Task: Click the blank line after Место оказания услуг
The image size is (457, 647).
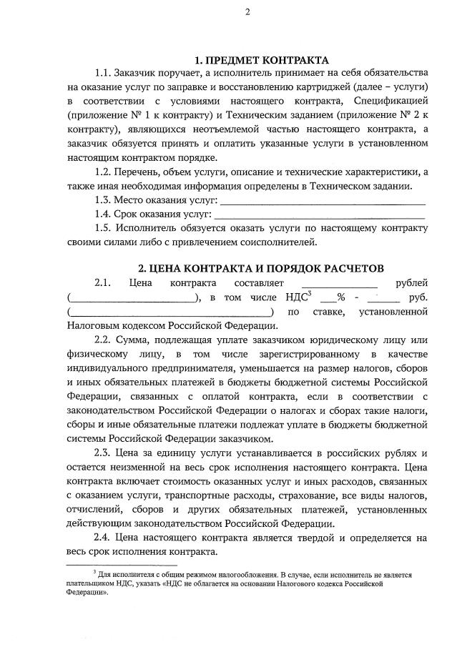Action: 322,201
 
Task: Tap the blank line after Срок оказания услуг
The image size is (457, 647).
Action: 320,214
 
